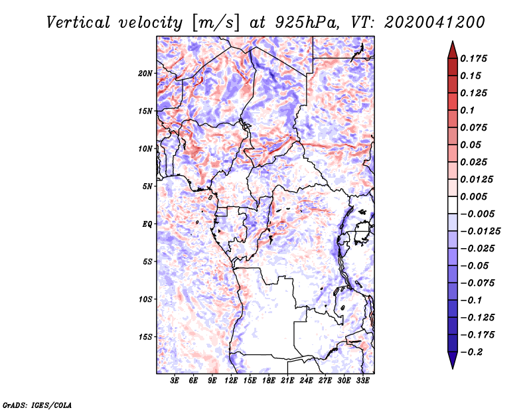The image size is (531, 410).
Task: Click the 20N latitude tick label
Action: click(145, 73)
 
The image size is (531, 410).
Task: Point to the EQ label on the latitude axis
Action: click(147, 224)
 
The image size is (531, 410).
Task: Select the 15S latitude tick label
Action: click(145, 337)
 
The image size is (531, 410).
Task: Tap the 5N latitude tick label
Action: click(147, 186)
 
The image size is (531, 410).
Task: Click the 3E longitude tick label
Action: click(175, 381)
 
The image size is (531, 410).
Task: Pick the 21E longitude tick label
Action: click(288, 381)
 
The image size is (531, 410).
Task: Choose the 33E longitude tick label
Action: click(363, 381)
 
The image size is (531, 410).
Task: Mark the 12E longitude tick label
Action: click(232, 381)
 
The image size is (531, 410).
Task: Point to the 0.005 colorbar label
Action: click(475, 196)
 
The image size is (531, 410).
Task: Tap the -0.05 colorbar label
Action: click(474, 265)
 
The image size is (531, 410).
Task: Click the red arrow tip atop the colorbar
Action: click(451, 46)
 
